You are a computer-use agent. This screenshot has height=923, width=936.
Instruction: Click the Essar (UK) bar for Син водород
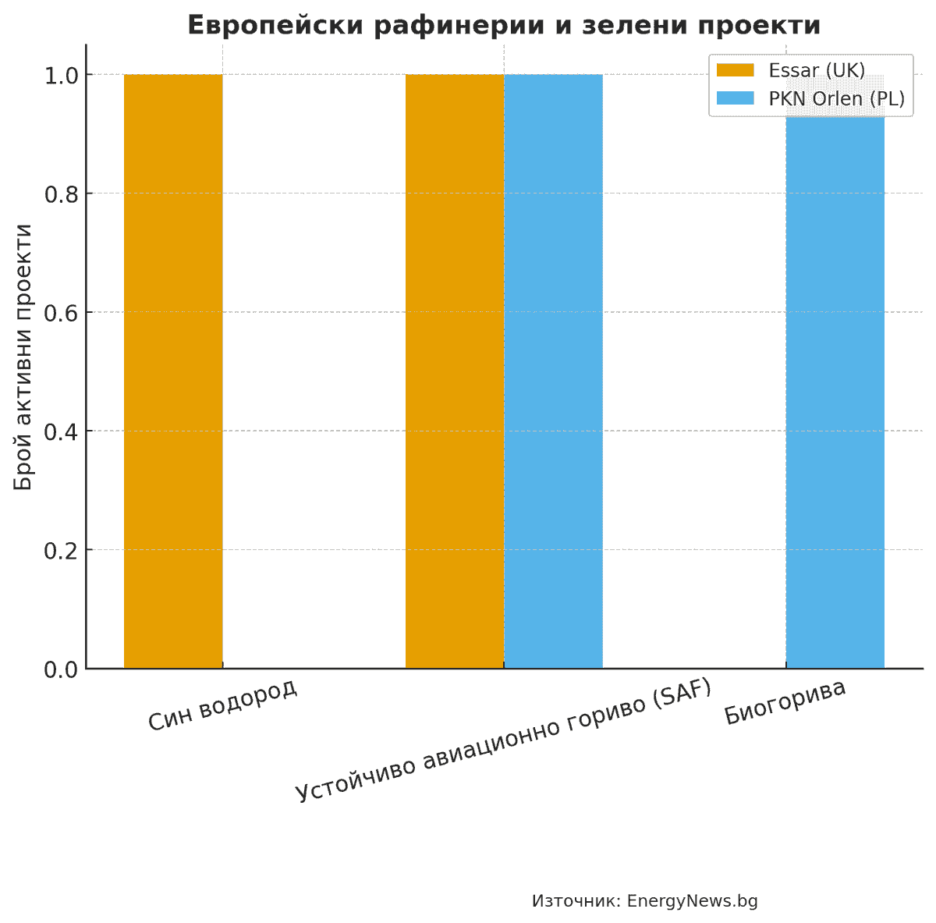[x=173, y=371]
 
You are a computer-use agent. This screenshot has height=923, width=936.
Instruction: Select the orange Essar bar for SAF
[x=454, y=371]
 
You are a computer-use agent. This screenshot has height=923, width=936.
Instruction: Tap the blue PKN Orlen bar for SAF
[x=553, y=371]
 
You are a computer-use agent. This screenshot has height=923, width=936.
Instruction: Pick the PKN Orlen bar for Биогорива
[x=835, y=390]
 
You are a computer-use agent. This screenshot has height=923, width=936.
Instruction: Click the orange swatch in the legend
[x=736, y=70]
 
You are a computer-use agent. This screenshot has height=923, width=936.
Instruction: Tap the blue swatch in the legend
[x=736, y=98]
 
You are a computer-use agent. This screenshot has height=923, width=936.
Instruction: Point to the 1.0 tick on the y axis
[x=62, y=76]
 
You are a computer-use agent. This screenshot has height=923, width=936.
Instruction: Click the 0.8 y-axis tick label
[x=62, y=194]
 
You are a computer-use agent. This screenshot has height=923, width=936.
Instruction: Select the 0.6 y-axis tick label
[x=62, y=313]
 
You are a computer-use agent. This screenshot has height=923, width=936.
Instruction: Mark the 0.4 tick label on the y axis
[x=62, y=431]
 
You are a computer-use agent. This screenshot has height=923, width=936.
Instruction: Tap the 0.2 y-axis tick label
[x=62, y=551]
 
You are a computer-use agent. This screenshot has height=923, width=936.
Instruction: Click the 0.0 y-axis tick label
[x=62, y=669]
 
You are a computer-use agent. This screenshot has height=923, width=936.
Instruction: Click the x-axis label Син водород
[x=223, y=705]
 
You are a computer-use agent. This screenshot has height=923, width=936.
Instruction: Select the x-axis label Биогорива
[x=785, y=702]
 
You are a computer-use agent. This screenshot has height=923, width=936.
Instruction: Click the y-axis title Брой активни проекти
[x=25, y=357]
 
